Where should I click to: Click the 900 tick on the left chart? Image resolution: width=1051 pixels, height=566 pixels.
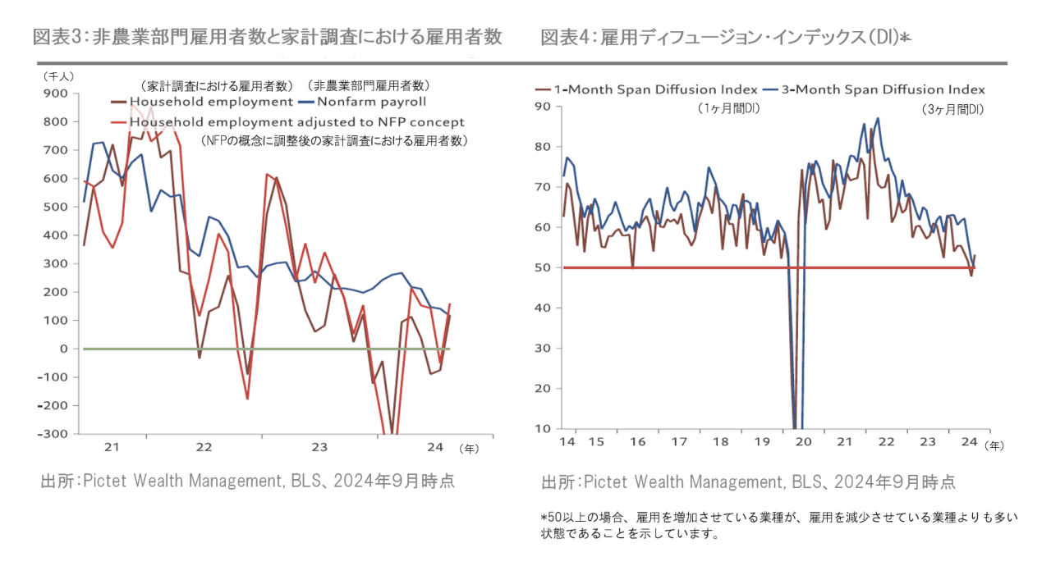55,94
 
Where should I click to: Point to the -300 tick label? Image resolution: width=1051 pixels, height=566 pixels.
52,434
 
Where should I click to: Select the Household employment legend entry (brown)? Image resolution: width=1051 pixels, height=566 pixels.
212,103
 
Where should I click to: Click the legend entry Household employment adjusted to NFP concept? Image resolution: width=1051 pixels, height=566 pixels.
296,122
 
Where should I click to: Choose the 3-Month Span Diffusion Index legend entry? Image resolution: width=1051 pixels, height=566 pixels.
882,89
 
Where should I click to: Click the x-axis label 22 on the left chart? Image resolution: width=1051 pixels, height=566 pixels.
204,448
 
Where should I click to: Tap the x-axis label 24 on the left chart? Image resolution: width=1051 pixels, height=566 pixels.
435,448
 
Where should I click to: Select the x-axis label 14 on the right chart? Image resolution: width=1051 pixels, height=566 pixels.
567,442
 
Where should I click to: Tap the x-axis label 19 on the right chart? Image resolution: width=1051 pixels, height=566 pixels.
763,442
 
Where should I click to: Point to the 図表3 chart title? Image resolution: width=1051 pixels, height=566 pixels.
267,37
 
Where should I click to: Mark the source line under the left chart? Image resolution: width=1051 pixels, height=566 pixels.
247,482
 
